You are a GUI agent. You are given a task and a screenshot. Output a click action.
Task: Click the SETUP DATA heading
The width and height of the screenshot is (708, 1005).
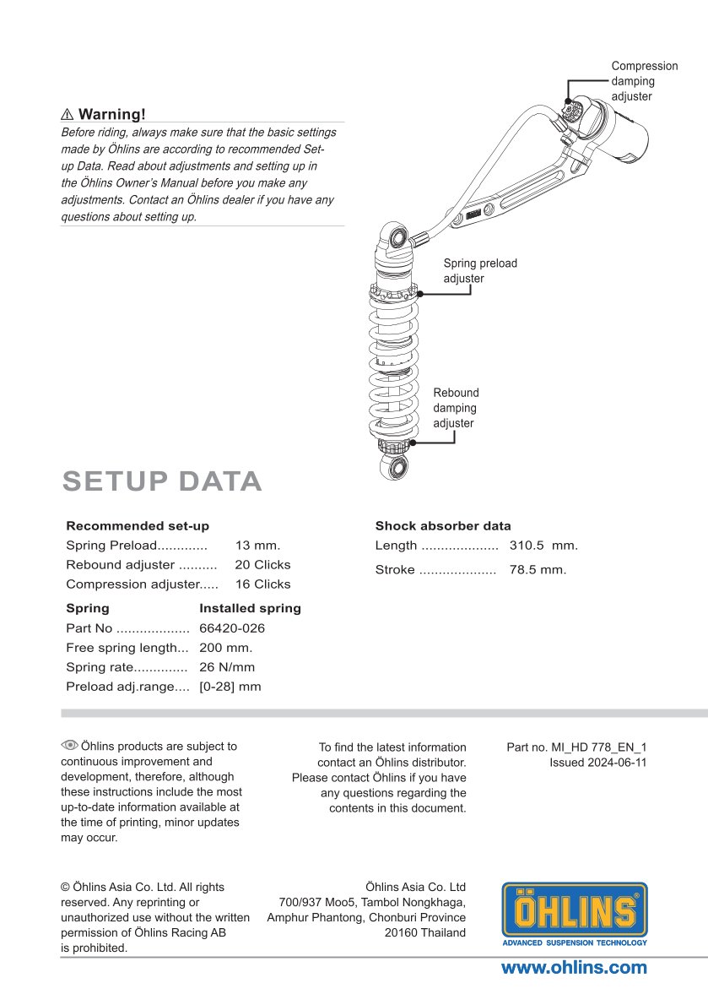click(162, 481)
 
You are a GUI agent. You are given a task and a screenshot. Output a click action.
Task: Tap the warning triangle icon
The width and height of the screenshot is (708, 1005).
click(68, 115)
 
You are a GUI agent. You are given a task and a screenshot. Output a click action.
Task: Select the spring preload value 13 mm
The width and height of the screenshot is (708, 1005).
click(257, 546)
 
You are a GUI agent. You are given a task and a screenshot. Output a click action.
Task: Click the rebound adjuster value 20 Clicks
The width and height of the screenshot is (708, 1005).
click(262, 565)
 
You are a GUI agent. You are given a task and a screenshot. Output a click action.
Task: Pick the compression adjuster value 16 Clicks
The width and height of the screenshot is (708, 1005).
click(262, 584)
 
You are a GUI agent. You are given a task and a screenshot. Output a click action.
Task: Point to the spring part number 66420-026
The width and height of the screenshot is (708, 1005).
click(232, 628)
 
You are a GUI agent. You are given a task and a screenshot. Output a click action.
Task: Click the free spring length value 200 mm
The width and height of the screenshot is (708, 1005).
click(225, 648)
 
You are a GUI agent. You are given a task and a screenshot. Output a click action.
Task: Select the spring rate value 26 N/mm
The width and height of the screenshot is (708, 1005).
click(226, 667)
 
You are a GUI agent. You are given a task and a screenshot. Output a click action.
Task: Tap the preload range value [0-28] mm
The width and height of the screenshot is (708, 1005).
click(230, 687)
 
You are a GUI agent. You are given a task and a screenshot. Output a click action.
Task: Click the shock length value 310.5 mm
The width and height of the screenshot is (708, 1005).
click(543, 546)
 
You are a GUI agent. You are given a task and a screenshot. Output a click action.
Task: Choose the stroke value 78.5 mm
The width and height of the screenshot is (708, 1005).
click(538, 570)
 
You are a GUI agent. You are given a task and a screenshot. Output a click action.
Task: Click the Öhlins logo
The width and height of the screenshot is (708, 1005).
click(575, 914)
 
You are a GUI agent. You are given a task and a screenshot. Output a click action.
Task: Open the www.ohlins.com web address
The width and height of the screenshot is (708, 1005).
click(574, 968)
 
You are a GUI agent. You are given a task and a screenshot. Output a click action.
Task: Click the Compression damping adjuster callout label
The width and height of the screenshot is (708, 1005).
click(644, 81)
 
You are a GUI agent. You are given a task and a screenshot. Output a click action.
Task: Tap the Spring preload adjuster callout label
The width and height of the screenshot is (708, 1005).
click(479, 270)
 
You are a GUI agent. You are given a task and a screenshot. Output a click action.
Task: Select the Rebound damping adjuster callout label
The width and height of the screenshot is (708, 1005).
click(456, 408)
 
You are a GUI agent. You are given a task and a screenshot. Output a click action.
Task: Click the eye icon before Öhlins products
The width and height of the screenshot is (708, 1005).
click(69, 745)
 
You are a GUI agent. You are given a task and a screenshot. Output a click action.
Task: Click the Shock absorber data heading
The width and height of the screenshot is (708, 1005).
click(443, 526)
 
